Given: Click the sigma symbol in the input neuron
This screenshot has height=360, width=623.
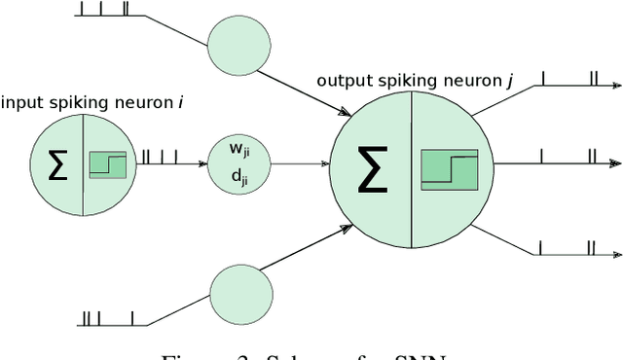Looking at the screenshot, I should (x=57, y=166).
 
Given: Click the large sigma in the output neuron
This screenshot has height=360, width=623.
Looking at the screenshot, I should (x=370, y=172).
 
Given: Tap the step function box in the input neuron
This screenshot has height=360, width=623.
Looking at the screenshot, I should (x=108, y=165).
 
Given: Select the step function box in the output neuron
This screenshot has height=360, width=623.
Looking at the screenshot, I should (x=449, y=171).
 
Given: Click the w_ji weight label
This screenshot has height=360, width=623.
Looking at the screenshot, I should (x=238, y=151).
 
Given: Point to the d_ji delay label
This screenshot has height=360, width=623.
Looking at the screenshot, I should (x=238, y=176).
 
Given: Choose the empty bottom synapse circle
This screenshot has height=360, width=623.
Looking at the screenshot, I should (x=237, y=292).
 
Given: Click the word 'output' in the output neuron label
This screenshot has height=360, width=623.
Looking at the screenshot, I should (x=342, y=80).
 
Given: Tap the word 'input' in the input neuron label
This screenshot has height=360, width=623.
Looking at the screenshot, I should (x=20, y=101).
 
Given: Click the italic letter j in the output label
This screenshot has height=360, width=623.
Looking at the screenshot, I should (x=509, y=80).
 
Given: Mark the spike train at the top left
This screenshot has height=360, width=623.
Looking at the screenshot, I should (x=106, y=11).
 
